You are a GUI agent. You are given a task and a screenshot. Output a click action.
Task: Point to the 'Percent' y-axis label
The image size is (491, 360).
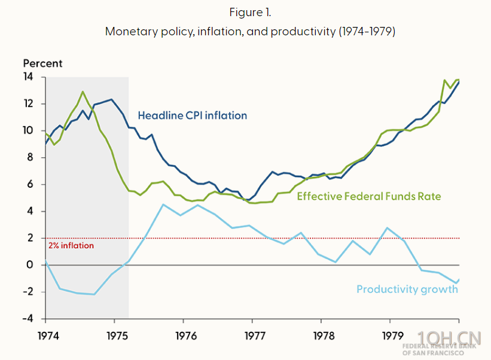[x=42, y=63]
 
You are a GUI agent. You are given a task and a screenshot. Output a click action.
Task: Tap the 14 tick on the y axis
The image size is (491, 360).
[x=29, y=77]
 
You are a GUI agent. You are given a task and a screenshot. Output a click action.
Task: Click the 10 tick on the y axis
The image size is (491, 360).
[x=29, y=131]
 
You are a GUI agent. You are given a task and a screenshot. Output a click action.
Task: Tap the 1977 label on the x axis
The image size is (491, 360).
[x=253, y=335]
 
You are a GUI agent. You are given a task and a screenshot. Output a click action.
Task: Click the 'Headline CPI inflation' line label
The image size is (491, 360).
[x=192, y=115]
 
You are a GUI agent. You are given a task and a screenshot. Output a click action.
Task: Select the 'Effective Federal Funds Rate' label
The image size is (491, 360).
[x=377, y=196]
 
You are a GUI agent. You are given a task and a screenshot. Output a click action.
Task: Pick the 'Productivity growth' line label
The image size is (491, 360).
[x=407, y=289]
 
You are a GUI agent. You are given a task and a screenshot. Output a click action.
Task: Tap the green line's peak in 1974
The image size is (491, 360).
[x=83, y=92]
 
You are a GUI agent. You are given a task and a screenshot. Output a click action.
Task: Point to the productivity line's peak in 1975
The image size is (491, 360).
[x=163, y=205]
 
